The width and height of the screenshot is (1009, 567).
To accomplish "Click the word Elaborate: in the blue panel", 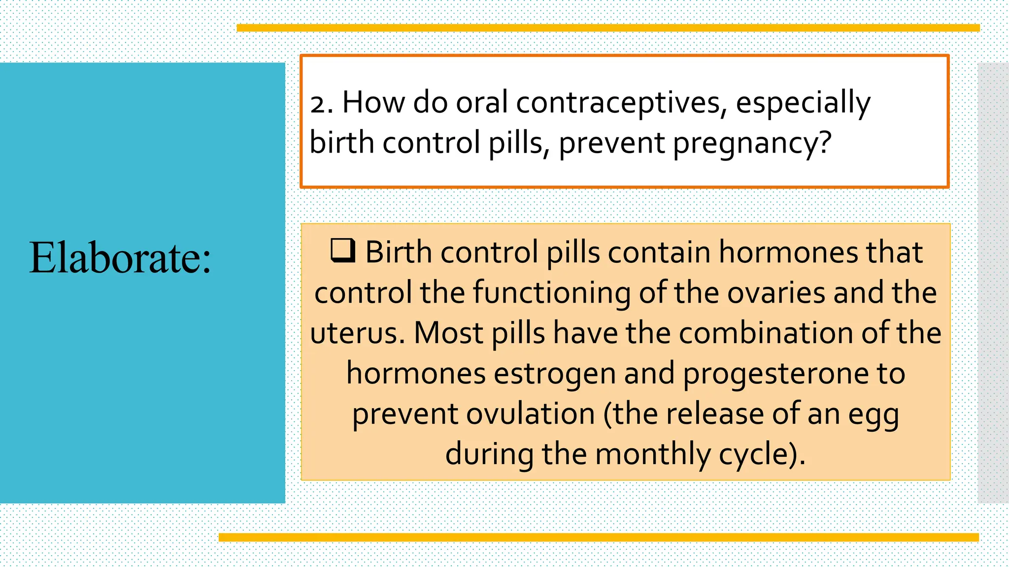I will pyautogui.click(x=120, y=258).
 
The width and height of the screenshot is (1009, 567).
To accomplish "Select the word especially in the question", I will pyautogui.click(x=803, y=104).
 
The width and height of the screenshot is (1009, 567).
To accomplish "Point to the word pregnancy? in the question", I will pyautogui.click(x=752, y=144).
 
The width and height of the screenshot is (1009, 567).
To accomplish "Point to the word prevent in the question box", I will pyautogui.click(x=611, y=144).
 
